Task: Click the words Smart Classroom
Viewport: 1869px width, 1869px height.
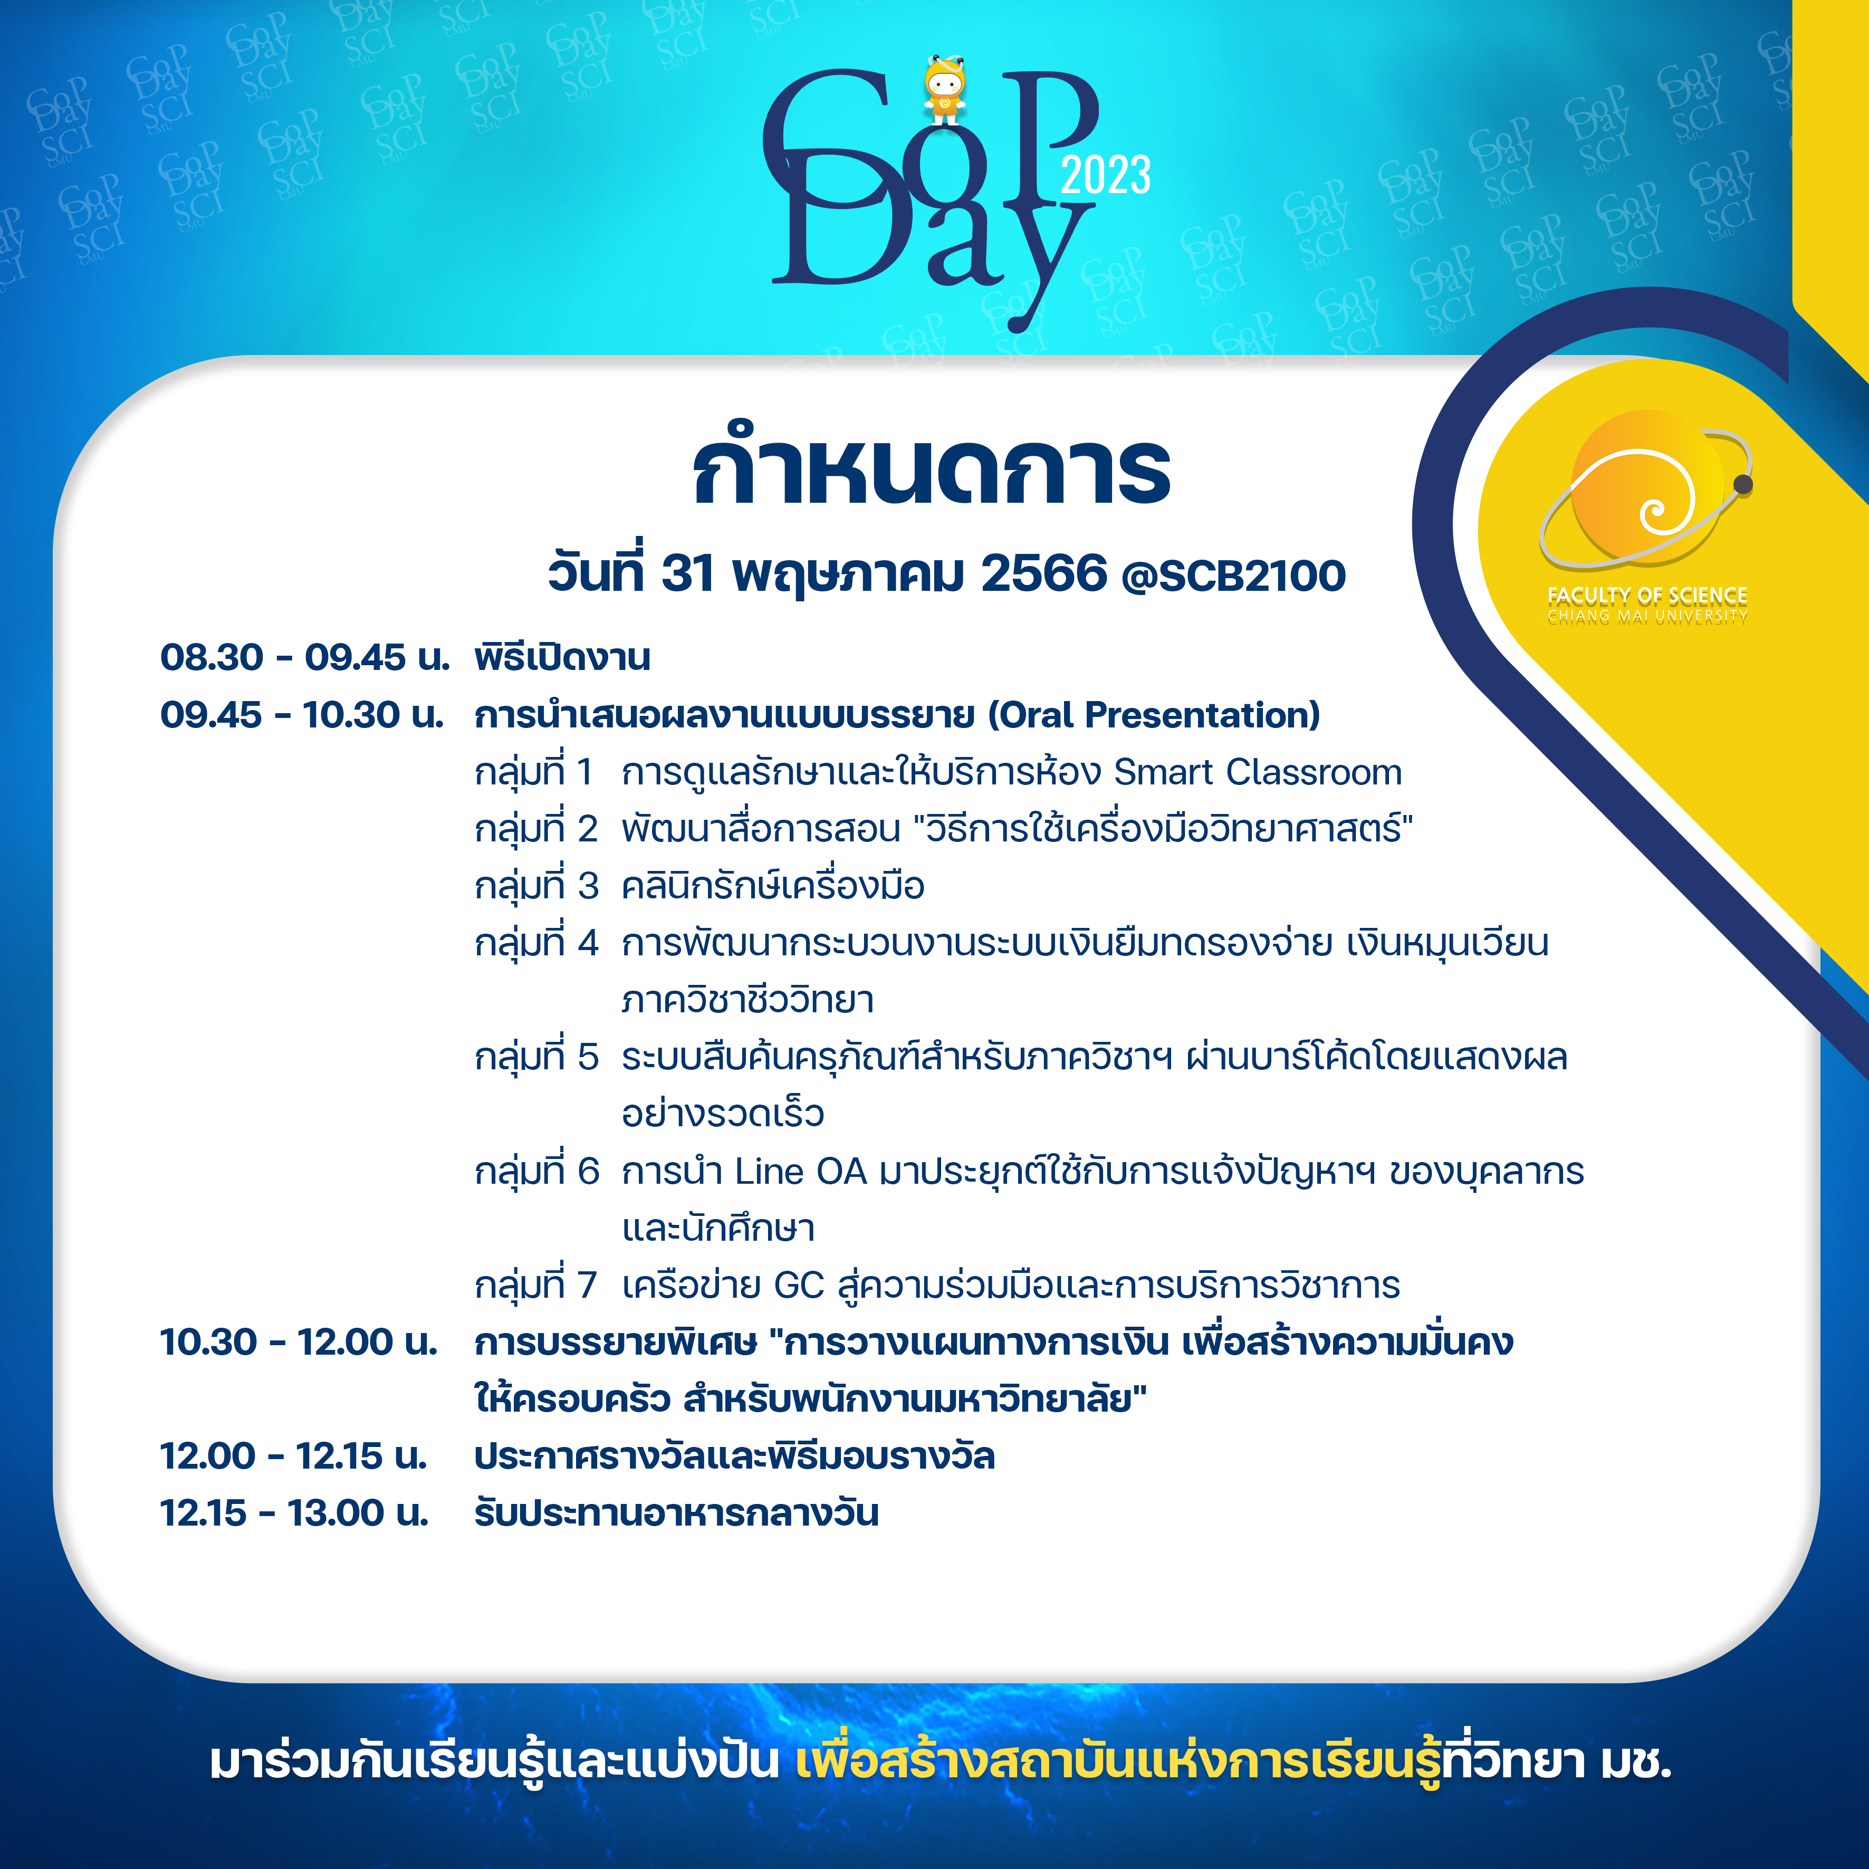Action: [x=1258, y=772]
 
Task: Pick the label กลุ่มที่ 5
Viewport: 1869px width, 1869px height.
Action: [x=536, y=1057]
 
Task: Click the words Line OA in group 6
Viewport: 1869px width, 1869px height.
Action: [x=801, y=1172]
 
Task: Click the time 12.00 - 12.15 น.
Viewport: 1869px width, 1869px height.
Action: [x=294, y=1456]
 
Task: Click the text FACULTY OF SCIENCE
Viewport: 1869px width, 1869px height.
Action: [x=1646, y=595]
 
